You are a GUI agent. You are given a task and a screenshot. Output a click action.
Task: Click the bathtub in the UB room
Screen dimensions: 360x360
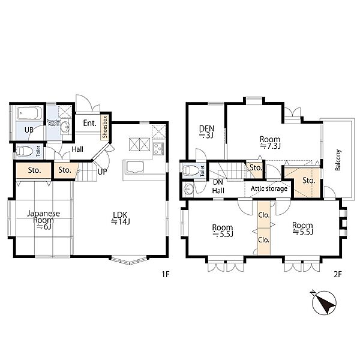pyautogui.click(x=28, y=113)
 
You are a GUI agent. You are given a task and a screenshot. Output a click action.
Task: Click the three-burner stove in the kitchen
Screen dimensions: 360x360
pyautogui.click(x=158, y=148)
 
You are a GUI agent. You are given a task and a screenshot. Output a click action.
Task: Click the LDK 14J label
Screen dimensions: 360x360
pyautogui.click(x=121, y=218)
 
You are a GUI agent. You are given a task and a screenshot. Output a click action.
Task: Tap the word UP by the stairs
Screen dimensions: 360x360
pyautogui.click(x=102, y=172)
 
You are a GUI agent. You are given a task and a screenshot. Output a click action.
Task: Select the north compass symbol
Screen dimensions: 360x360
pyautogui.click(x=324, y=302)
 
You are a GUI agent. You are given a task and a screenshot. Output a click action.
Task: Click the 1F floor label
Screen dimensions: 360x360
pyautogui.click(x=166, y=274)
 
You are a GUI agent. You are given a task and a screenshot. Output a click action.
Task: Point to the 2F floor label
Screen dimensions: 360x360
pyautogui.click(x=338, y=274)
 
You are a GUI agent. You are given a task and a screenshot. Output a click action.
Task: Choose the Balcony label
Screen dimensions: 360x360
pyautogui.click(x=338, y=160)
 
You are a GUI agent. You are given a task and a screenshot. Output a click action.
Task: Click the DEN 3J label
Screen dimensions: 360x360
pyautogui.click(x=206, y=132)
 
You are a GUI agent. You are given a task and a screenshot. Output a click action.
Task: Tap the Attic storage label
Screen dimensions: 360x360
pyautogui.click(x=269, y=189)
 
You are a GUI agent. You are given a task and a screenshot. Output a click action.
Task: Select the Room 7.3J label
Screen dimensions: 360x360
pyautogui.click(x=270, y=142)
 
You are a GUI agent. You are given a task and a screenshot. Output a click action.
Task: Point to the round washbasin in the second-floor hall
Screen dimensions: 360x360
pyautogui.click(x=188, y=190)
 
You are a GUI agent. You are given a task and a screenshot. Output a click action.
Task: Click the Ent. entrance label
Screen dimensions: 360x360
pyautogui.click(x=90, y=123)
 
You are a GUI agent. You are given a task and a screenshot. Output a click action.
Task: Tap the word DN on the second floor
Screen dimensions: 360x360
pyautogui.click(x=218, y=182)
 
